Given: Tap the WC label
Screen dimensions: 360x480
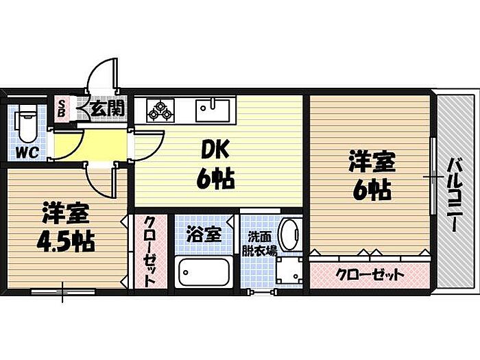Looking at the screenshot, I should tap(27, 149).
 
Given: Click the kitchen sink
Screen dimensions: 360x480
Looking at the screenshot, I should tap(211, 109).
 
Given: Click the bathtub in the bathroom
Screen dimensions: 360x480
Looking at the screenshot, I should tap(204, 274).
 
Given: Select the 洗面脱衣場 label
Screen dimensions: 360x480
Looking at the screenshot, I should tap(262, 243).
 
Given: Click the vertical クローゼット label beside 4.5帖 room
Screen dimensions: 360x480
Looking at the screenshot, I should tap(150, 252).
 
